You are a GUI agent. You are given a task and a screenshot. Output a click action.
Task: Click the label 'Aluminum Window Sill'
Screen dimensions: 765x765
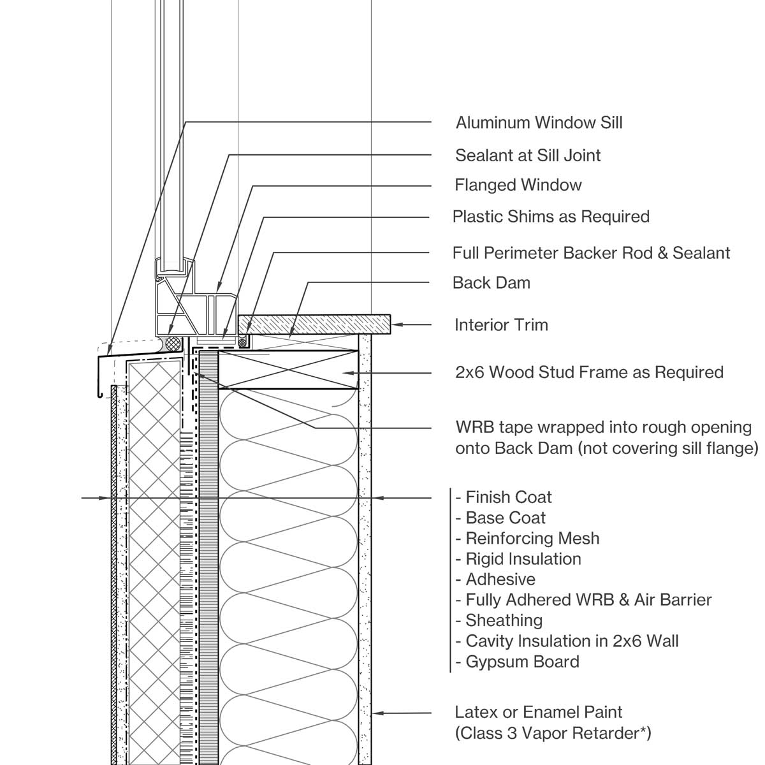539,122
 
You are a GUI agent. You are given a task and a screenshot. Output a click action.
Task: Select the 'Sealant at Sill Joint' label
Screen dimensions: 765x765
528,155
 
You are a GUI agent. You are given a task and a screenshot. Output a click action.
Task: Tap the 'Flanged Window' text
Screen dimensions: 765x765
518,186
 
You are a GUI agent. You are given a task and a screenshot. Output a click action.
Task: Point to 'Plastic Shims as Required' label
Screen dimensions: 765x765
551,217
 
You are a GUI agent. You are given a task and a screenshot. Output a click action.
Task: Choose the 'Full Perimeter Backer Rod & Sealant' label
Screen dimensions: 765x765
591,253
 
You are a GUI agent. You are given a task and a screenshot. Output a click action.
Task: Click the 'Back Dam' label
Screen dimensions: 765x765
491,283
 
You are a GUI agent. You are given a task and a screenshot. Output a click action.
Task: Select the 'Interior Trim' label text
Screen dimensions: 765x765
501,325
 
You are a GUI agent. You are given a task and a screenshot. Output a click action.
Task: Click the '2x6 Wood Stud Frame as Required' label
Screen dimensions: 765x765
589,372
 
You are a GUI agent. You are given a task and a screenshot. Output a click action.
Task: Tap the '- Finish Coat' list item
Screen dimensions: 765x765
504,497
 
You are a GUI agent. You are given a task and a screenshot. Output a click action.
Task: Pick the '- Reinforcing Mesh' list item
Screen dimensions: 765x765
528,539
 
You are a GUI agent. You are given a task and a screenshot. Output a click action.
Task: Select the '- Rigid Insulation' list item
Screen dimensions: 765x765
518,559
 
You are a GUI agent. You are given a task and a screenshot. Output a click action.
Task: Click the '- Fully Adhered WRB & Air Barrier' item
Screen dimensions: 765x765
583,600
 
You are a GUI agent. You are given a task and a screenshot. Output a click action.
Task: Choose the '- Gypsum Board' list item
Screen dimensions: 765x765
518,662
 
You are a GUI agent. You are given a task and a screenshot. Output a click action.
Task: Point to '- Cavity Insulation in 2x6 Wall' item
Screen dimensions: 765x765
567,641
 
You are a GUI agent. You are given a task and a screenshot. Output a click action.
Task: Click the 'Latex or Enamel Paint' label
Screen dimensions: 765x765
539,712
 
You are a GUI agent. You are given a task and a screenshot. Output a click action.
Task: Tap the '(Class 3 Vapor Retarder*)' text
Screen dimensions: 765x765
553,733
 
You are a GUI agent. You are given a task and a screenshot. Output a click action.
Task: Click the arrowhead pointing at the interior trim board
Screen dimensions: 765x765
395,324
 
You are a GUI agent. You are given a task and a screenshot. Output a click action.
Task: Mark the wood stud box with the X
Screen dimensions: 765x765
287,369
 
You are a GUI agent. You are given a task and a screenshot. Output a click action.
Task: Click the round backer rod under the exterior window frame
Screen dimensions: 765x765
171,343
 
